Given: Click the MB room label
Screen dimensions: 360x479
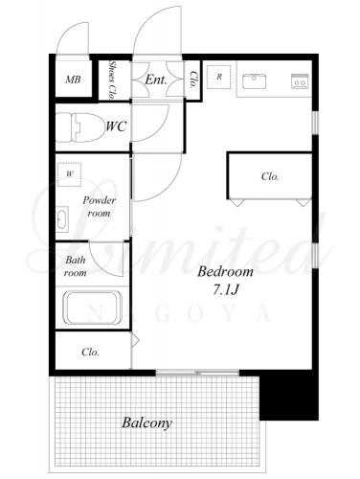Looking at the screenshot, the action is pyautogui.click(x=73, y=80).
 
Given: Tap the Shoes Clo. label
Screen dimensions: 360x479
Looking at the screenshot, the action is pyautogui.click(x=112, y=80).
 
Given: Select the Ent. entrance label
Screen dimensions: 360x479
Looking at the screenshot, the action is pyautogui.click(x=156, y=80).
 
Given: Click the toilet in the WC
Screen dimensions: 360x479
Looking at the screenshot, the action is pyautogui.click(x=80, y=127).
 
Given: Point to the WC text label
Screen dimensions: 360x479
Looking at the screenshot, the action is pyautogui.click(x=116, y=126).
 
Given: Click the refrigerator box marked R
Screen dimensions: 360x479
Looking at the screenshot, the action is pyautogui.click(x=219, y=77).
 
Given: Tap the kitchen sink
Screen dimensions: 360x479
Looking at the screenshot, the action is pyautogui.click(x=254, y=81).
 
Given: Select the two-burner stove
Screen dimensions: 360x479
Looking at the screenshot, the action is pyautogui.click(x=300, y=81).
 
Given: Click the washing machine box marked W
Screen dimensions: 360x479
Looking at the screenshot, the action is pyautogui.click(x=69, y=174).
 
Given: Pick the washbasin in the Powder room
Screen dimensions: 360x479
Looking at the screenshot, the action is pyautogui.click(x=62, y=219).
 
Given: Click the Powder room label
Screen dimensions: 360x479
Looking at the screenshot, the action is pyautogui.click(x=99, y=206).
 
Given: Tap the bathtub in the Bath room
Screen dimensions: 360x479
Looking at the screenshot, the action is pyautogui.click(x=93, y=308).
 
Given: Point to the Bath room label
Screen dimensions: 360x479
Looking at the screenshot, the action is pyautogui.click(x=76, y=266).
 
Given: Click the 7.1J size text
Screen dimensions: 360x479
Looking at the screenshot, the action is pyautogui.click(x=226, y=289).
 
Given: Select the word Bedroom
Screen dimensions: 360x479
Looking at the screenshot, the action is pyautogui.click(x=225, y=272).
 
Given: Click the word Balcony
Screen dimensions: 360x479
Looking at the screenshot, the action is pyautogui.click(x=146, y=422).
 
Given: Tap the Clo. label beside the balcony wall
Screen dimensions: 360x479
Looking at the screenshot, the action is pyautogui.click(x=90, y=352).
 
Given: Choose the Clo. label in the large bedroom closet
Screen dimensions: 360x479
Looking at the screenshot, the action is pyautogui.click(x=270, y=176).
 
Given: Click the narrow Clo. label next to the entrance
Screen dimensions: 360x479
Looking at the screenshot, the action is pyautogui.click(x=193, y=79).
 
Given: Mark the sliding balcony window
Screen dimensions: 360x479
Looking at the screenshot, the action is pyautogui.click(x=197, y=373).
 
